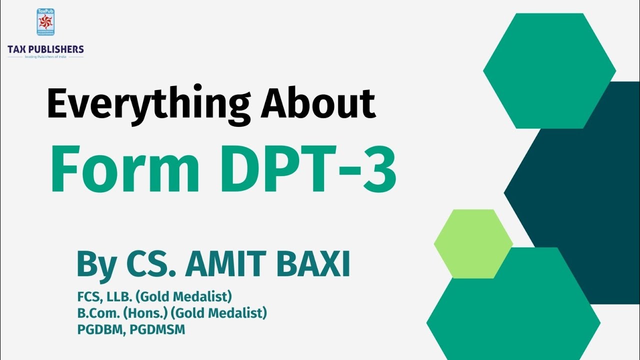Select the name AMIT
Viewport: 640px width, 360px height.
(x=226, y=264)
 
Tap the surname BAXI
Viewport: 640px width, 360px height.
(x=312, y=264)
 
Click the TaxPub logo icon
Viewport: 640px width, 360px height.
(x=45, y=22)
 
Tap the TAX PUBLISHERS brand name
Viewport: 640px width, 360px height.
(x=45, y=49)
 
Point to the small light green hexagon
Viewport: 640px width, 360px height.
(x=473, y=243)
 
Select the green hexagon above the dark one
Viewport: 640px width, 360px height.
(x=549, y=70)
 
